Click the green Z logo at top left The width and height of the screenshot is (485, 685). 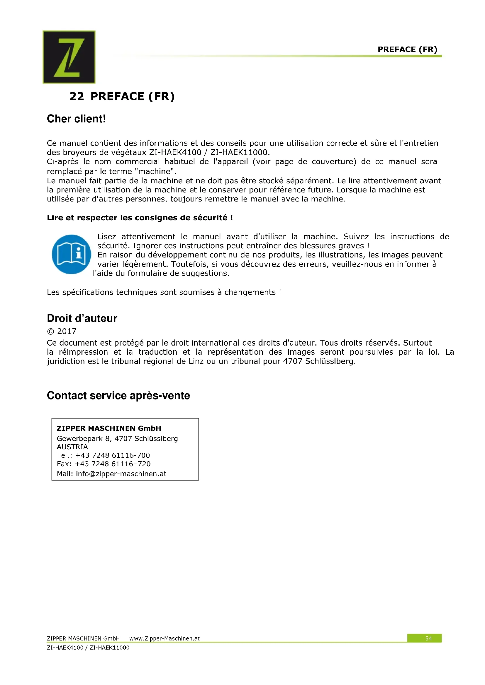(69, 57)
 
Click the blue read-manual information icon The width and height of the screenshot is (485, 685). (71, 254)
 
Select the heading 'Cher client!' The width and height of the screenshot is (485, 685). (77, 119)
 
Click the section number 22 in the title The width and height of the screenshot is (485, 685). (77, 96)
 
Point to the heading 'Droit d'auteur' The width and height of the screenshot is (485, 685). (82, 318)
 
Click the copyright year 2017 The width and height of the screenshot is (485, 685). (67, 331)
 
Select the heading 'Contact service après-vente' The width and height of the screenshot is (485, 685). (118, 395)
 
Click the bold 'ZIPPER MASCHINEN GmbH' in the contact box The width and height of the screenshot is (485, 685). (109, 428)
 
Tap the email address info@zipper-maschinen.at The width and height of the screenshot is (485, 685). (121, 474)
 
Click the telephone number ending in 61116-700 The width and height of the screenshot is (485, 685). (113, 455)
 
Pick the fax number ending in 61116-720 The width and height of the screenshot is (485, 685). (113, 464)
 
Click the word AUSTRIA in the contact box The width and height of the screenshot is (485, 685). (72, 447)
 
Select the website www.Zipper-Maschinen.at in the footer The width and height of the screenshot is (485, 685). (164, 638)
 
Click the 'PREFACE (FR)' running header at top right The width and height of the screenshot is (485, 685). (407, 49)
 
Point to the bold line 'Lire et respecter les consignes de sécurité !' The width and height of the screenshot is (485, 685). (140, 218)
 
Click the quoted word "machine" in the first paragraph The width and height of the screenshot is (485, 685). (155, 171)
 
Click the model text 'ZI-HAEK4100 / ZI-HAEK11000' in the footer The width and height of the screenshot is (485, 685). (88, 648)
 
